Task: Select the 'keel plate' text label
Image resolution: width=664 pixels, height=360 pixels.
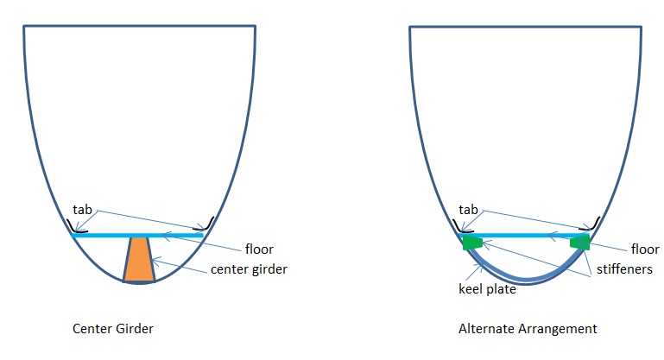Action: (487, 290)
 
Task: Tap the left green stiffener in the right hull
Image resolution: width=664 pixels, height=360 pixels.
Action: (471, 243)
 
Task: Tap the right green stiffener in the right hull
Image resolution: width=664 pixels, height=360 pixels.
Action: (580, 243)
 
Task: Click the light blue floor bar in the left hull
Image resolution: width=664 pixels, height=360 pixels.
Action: (138, 235)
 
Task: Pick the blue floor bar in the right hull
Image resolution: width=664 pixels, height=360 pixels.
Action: (526, 234)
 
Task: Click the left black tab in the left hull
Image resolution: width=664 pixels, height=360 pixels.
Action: (79, 229)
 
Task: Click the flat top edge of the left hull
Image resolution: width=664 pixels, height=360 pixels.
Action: (139, 26)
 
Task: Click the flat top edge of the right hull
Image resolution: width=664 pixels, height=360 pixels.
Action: (525, 26)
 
